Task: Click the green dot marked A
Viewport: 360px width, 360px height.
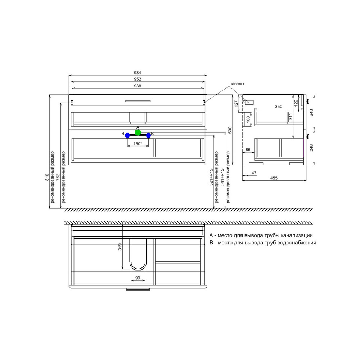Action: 138,132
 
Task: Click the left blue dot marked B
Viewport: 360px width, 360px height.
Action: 127,135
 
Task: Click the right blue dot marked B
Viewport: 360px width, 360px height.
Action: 148,135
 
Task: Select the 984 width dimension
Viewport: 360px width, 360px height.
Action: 138,73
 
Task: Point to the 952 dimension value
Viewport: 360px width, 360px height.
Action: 138,79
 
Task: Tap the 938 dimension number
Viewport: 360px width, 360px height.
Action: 138,86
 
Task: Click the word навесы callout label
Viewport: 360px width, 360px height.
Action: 237,84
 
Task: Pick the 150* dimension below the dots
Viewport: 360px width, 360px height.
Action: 138,144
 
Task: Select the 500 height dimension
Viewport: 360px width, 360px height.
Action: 230,130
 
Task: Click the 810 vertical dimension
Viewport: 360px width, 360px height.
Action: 47,177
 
